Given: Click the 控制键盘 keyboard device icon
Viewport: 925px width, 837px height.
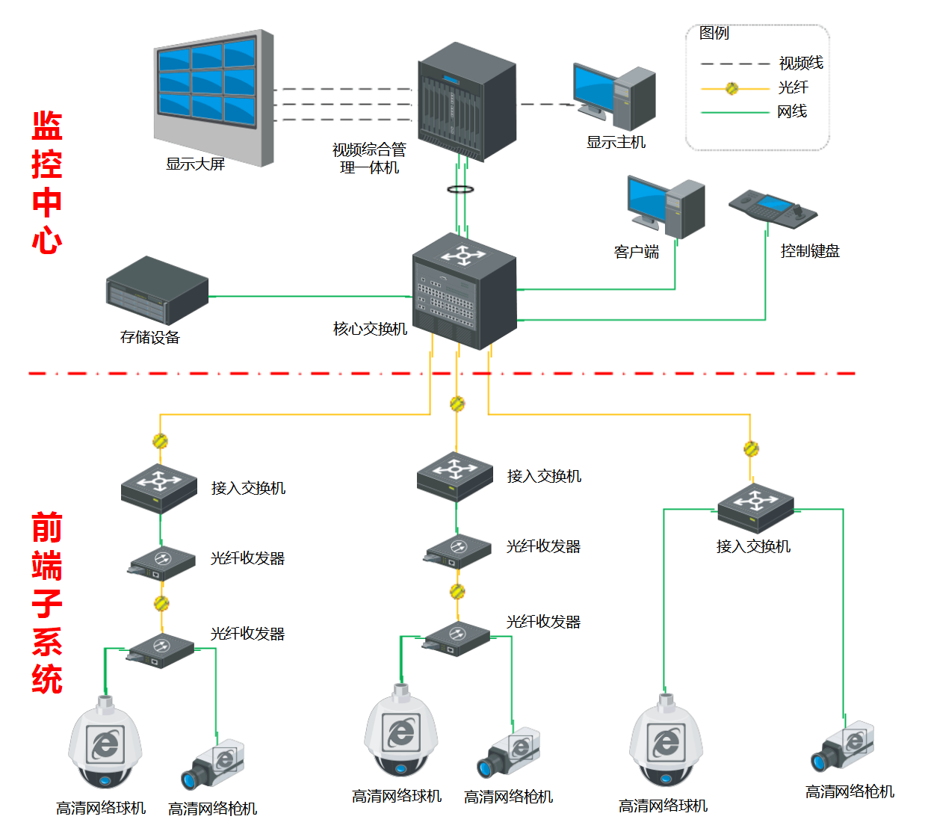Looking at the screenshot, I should click(773, 208).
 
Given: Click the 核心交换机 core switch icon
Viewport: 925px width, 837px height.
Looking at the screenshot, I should click(464, 291).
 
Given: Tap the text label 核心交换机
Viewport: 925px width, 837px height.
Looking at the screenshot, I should click(370, 329).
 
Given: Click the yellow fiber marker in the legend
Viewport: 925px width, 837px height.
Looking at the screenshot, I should click(732, 88).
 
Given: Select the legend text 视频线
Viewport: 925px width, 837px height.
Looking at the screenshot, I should click(800, 64).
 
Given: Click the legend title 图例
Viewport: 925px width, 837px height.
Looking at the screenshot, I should click(714, 33).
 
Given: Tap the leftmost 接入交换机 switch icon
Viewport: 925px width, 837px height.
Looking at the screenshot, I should click(158, 487).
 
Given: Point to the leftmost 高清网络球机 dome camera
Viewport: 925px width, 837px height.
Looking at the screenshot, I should click(105, 744).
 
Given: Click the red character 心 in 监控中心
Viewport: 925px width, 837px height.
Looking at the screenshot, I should click(47, 241).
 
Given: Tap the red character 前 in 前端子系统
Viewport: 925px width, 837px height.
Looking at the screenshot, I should click(47, 528).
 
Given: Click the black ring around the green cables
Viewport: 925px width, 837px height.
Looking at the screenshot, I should click(461, 189).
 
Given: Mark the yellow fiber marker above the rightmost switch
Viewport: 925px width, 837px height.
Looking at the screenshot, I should click(751, 448).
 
